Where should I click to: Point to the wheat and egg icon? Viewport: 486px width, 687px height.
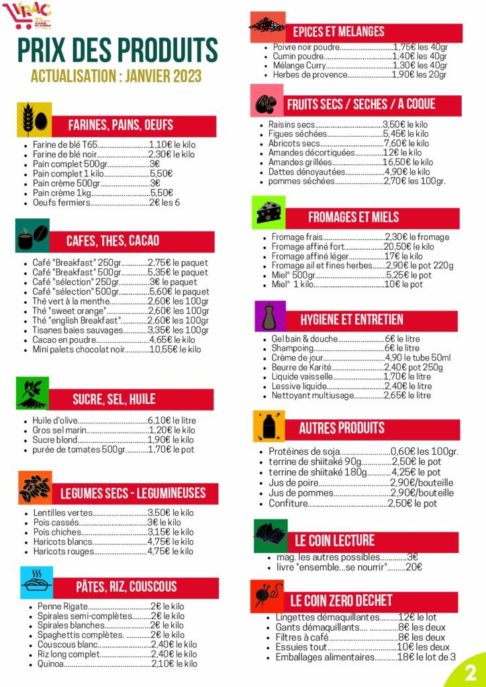click(34, 119)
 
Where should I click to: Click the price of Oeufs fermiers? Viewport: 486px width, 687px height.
click(164, 203)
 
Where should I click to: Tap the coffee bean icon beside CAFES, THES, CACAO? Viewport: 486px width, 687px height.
click(32, 235)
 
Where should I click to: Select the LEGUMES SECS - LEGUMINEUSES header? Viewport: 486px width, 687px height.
click(133, 493)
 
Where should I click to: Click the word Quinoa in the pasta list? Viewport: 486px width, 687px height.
click(51, 664)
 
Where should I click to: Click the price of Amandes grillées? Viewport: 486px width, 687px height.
click(407, 162)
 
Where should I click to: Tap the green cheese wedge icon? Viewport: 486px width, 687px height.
click(268, 213)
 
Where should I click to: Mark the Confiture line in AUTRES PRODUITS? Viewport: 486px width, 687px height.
click(288, 503)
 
